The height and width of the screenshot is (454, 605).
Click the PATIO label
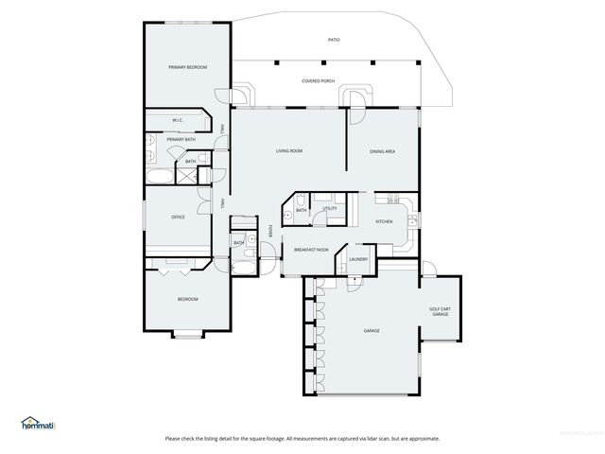[334, 40]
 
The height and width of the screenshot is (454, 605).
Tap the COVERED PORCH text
[318, 81]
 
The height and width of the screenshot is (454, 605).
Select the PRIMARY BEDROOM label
[187, 67]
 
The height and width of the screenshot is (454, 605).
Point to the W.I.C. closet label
[177, 120]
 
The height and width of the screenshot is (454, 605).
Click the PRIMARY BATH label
[181, 140]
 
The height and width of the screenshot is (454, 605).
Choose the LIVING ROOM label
[288, 151]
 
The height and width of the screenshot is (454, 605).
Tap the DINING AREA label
[382, 151]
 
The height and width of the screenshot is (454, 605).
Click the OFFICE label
[177, 217]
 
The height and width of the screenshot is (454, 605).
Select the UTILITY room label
[330, 208]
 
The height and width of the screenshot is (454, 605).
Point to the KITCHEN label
[384, 221]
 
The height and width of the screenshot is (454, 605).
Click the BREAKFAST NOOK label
[311, 250]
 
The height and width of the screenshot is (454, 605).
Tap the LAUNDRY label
[358, 259]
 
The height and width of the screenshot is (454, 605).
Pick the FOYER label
[270, 231]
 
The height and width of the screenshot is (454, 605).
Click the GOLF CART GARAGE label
[440, 311]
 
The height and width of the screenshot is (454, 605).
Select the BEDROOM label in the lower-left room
[187, 300]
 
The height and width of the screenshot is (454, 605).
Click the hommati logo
[38, 423]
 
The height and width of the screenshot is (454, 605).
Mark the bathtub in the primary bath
[160, 177]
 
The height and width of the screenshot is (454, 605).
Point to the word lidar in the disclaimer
[369, 439]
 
